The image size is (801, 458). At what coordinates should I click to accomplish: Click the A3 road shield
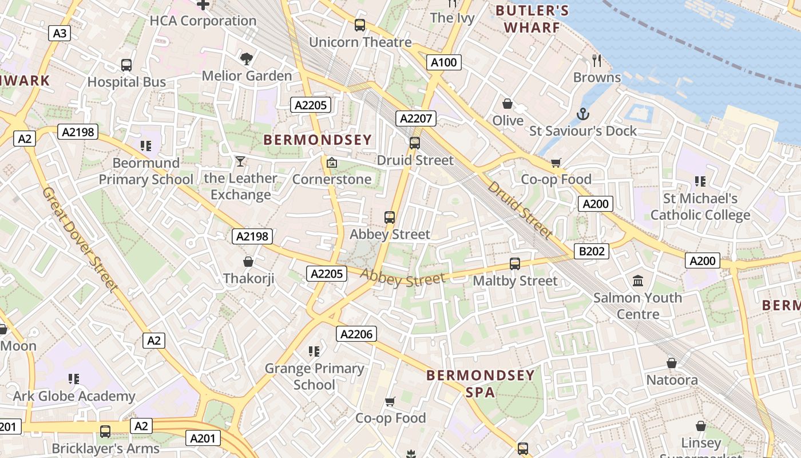(x=60, y=33)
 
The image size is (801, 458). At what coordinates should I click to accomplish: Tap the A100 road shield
(x=444, y=62)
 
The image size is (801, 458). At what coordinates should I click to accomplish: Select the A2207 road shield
(x=416, y=119)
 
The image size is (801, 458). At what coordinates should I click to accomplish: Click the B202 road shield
(x=592, y=251)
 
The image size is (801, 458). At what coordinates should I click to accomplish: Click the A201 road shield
(x=203, y=439)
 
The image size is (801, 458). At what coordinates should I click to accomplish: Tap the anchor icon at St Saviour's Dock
(x=582, y=114)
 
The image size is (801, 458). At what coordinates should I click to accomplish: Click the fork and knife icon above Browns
(x=597, y=60)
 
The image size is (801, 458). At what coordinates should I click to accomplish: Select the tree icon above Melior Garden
(x=247, y=58)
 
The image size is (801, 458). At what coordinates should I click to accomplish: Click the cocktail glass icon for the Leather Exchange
(x=240, y=161)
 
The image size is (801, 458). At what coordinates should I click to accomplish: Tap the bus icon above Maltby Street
(x=515, y=264)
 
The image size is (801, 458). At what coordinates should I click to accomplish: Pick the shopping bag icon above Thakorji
(x=248, y=262)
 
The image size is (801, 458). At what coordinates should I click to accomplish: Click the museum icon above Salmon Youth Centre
(x=638, y=281)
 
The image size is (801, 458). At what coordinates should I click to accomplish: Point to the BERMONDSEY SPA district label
(x=481, y=384)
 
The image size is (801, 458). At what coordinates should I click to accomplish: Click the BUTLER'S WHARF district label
(x=532, y=19)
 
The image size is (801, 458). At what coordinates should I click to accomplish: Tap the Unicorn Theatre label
(x=360, y=42)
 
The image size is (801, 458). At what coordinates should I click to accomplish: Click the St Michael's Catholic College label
(x=700, y=207)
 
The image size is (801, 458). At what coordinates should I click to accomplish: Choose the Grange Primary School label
(x=314, y=376)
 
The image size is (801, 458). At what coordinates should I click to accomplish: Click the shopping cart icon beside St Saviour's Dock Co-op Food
(x=556, y=163)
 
